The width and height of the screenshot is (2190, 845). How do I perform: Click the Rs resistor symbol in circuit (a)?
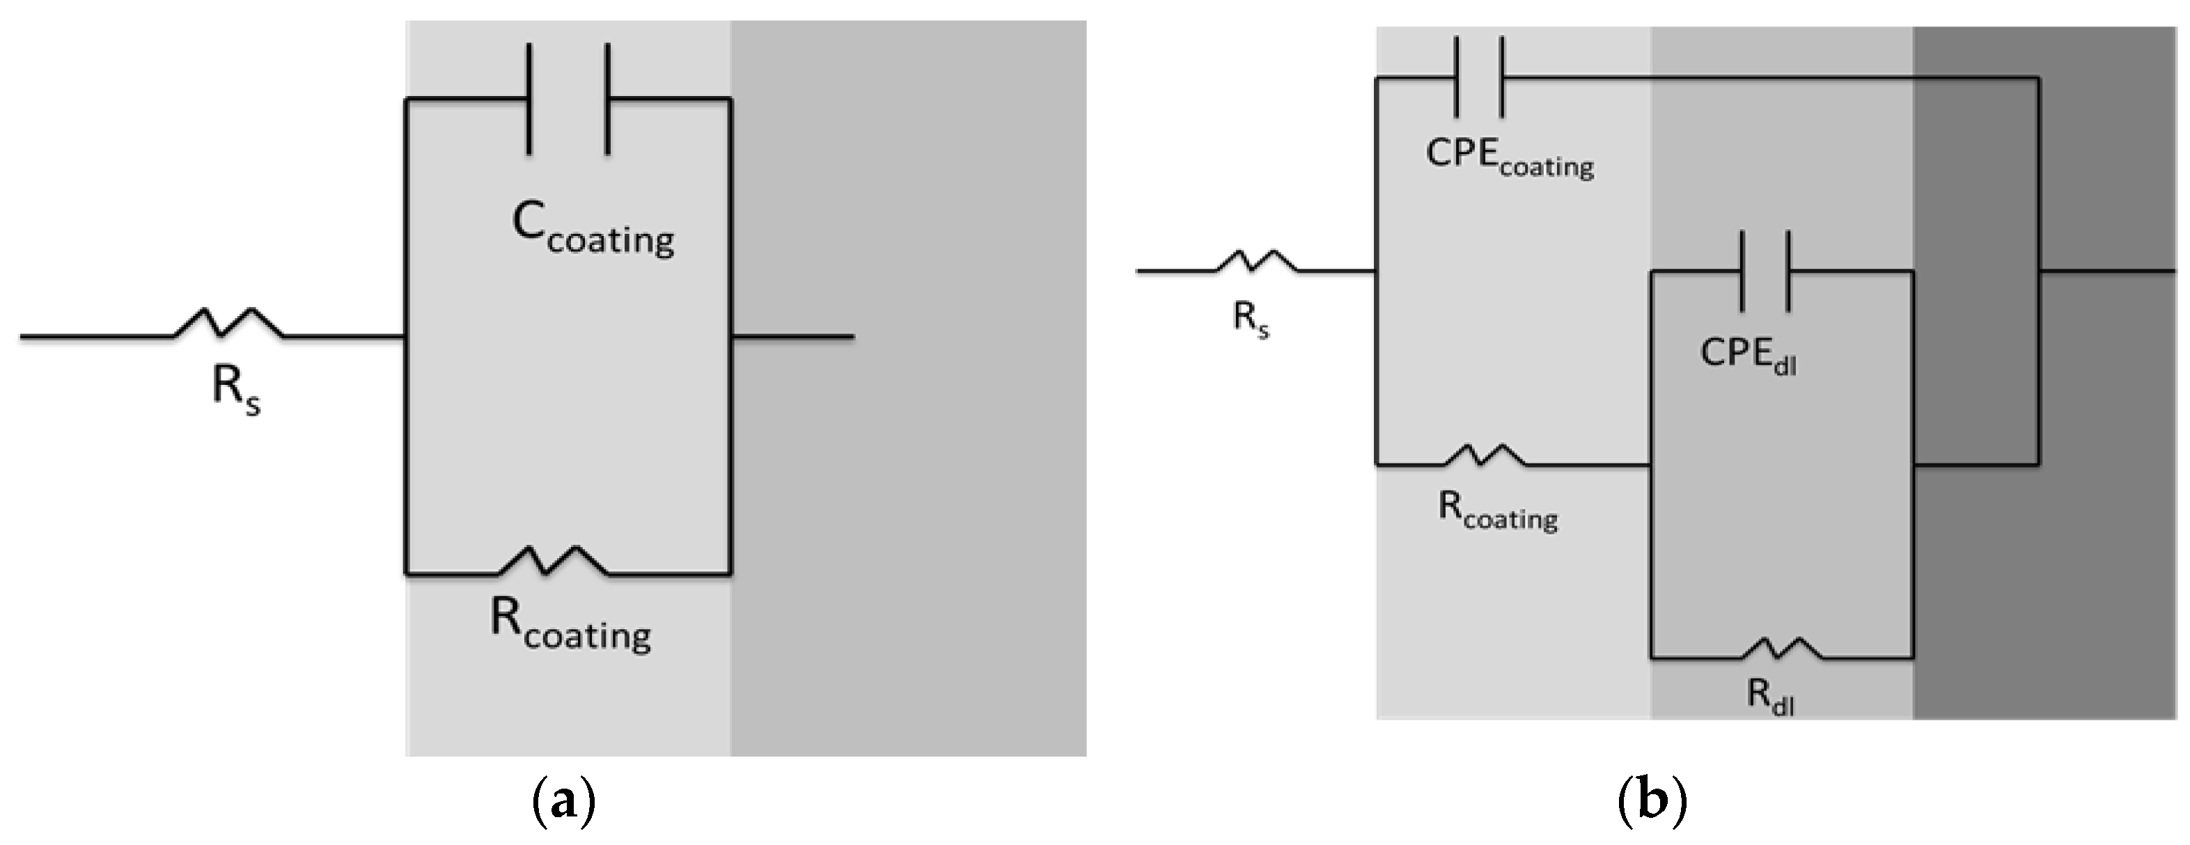(228, 324)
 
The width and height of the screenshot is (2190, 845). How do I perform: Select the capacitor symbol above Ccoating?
(569, 99)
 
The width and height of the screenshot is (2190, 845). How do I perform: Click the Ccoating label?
(593, 230)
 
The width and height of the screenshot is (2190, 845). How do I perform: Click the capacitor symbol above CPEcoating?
(1479, 77)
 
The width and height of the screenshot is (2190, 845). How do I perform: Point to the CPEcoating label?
(1509, 158)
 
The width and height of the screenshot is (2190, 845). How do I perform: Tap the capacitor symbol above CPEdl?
(1766, 270)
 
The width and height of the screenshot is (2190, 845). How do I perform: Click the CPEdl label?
(1748, 356)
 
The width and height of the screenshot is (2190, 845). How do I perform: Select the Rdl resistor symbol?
(1782, 649)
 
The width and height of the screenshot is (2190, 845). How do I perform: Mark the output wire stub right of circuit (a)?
(792, 337)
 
